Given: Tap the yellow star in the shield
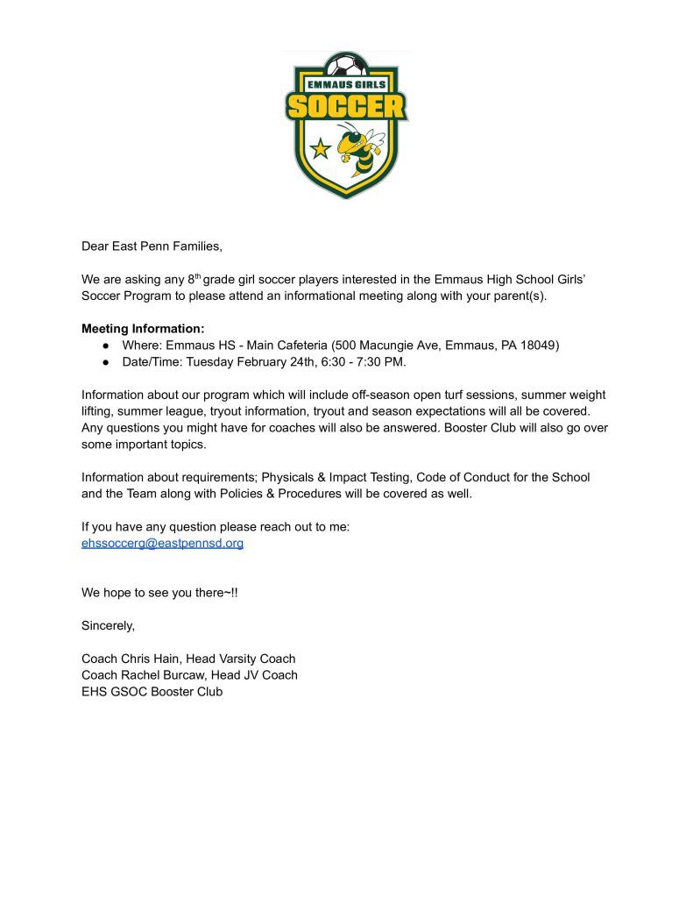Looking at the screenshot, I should tap(322, 148).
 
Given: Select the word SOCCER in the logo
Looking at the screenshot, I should tap(346, 107).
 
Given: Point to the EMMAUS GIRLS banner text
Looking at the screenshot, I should tap(346, 85).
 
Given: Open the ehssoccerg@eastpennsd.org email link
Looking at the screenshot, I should tap(162, 543).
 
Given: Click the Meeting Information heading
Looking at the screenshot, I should tap(143, 329).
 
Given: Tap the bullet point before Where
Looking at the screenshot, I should tap(105, 346).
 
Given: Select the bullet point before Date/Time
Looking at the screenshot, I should tap(105, 361).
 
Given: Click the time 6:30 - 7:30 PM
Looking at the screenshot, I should tap(360, 361).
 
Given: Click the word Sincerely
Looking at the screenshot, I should tap(109, 625).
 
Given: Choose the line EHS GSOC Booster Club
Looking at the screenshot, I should tap(152, 691).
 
